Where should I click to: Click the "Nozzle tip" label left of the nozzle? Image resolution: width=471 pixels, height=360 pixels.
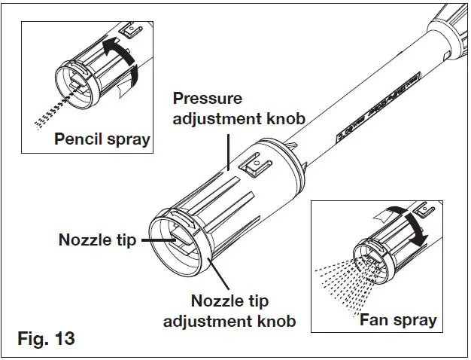[x=97, y=241]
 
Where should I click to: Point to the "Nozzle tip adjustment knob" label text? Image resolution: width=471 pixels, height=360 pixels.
[x=242, y=311]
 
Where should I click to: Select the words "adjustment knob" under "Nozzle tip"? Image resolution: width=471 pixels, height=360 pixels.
[x=242, y=322]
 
